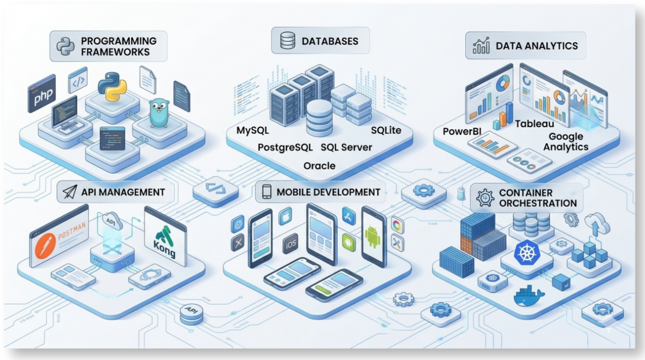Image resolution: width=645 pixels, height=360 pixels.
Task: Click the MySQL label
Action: click(x=252, y=130)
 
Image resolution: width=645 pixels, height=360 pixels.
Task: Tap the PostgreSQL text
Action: click(x=285, y=147)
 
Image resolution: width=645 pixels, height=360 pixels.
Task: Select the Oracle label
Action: click(x=319, y=166)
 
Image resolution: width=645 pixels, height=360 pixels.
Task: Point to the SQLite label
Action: click(x=386, y=130)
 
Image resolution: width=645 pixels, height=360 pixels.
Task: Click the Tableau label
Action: click(x=534, y=124)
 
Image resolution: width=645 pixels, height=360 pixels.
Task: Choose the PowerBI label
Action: click(x=462, y=131)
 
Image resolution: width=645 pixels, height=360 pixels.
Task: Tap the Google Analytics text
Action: click(x=566, y=141)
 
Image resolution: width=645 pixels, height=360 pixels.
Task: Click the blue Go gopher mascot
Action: click(x=159, y=113)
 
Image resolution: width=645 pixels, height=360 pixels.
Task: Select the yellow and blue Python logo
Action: click(x=112, y=86)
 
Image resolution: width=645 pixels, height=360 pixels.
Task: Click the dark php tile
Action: click(x=42, y=93)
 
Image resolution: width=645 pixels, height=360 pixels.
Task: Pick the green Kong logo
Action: click(x=165, y=241)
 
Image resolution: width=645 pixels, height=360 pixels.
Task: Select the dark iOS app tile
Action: click(x=291, y=244)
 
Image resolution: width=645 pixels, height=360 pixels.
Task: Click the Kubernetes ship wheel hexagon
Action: click(x=527, y=253)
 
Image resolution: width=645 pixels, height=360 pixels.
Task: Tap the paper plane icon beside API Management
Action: click(x=70, y=191)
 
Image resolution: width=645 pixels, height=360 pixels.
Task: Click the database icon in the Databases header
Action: click(x=288, y=40)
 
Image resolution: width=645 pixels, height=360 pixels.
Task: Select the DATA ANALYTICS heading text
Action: click(x=537, y=46)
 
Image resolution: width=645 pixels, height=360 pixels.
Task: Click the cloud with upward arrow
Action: click(x=597, y=223)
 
